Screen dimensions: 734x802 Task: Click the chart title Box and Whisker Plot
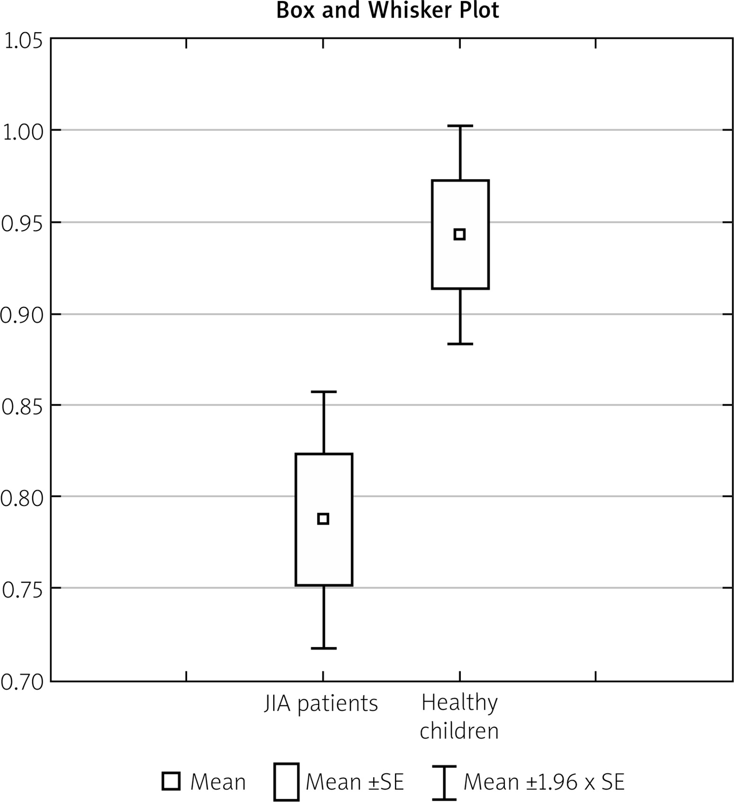pos(387,10)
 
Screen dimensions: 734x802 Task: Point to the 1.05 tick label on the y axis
pos(23,42)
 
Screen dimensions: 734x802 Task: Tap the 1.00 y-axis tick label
pos(23,133)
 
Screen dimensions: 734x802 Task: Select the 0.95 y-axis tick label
pos(21,224)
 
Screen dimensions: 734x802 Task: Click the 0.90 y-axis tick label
pos(21,315)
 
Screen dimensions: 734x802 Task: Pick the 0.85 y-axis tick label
pos(21,406)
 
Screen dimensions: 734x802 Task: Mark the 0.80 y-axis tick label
pos(21,498)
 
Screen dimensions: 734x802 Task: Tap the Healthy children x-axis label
pos(459,717)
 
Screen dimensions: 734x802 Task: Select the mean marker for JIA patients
pos(323,519)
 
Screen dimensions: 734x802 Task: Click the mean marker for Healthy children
pos(459,234)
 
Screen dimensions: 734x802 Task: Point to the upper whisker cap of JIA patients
pos(324,392)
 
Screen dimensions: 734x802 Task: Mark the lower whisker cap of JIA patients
pos(324,648)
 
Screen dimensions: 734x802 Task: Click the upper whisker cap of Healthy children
pos(460,126)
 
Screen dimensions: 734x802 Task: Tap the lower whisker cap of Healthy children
pos(460,343)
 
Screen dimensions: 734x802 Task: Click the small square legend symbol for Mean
pos(171,781)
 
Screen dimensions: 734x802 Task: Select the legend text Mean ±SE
pos(355,782)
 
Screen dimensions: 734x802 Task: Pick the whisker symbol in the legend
pos(444,782)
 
